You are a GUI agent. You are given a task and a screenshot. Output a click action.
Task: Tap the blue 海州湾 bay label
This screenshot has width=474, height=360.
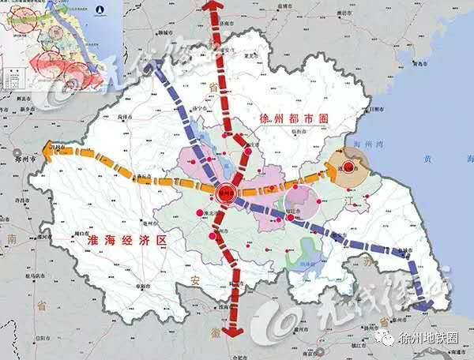click(x=370, y=144)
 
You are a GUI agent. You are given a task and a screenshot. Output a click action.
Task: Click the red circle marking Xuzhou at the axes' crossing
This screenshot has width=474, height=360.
click(x=224, y=192)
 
